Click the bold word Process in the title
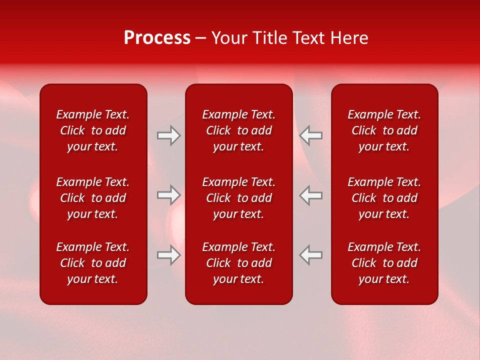(x=157, y=38)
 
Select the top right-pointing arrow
(x=169, y=135)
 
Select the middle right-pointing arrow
(x=169, y=195)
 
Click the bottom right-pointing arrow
(x=169, y=255)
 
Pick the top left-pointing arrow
(x=311, y=135)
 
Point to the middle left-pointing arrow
(x=311, y=195)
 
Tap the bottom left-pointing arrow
(x=311, y=255)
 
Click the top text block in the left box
(x=93, y=130)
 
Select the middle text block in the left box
(x=93, y=198)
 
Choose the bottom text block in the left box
(x=93, y=263)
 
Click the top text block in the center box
(x=239, y=130)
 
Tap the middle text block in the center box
(x=239, y=198)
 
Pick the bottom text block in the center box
(x=239, y=263)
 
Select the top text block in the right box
(x=384, y=130)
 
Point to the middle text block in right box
(x=384, y=198)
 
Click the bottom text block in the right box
(x=384, y=263)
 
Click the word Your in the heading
(x=229, y=38)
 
